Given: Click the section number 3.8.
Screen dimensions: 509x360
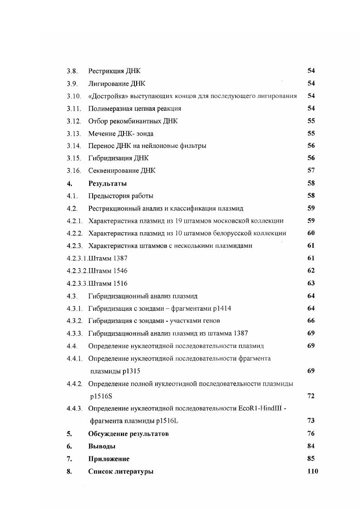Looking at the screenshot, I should point(72,71).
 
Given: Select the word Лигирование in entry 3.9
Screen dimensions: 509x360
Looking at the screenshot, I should point(107,83).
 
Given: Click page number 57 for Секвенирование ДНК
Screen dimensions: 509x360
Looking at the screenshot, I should point(311,171).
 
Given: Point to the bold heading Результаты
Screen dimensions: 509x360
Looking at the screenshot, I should point(108,184).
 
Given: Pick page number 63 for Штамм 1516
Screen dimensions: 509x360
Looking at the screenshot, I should point(311,283).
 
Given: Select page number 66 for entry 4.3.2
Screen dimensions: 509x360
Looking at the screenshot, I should point(311,320).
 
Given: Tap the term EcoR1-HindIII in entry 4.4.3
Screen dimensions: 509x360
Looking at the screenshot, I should point(260,408).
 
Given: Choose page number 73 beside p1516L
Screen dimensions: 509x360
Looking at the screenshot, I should point(311,421).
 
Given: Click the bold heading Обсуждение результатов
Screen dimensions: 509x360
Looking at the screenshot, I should point(128,434).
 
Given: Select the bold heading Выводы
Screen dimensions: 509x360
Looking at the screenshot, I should point(102,446).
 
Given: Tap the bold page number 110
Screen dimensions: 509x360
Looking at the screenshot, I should point(313,471).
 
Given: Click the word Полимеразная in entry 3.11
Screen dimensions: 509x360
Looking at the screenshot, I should point(109,108).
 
